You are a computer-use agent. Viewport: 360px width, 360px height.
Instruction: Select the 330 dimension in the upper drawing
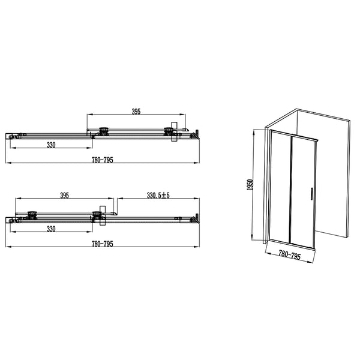click(52, 145)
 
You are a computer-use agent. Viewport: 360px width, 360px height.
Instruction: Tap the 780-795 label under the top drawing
click(102, 160)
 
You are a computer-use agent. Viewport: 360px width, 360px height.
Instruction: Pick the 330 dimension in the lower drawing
click(52, 229)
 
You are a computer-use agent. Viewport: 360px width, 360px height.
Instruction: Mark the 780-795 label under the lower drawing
click(102, 244)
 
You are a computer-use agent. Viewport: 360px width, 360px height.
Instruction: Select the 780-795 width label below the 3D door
click(289, 256)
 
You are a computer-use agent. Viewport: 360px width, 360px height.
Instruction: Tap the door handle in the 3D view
click(311, 194)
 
